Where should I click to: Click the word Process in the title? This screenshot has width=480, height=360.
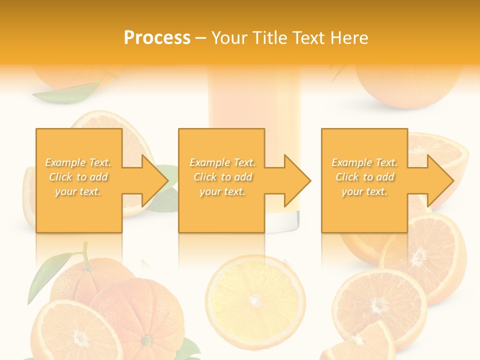pyautogui.click(x=157, y=38)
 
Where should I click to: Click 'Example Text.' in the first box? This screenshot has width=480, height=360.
pyautogui.click(x=78, y=162)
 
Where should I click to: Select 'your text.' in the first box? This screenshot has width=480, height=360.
pyautogui.click(x=78, y=191)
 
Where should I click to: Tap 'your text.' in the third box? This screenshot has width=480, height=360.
pyautogui.click(x=365, y=191)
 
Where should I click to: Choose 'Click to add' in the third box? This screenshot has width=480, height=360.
pyautogui.click(x=365, y=177)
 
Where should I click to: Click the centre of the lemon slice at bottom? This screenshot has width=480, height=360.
pyautogui.click(x=255, y=299)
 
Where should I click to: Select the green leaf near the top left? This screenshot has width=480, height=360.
pyautogui.click(x=67, y=93)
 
